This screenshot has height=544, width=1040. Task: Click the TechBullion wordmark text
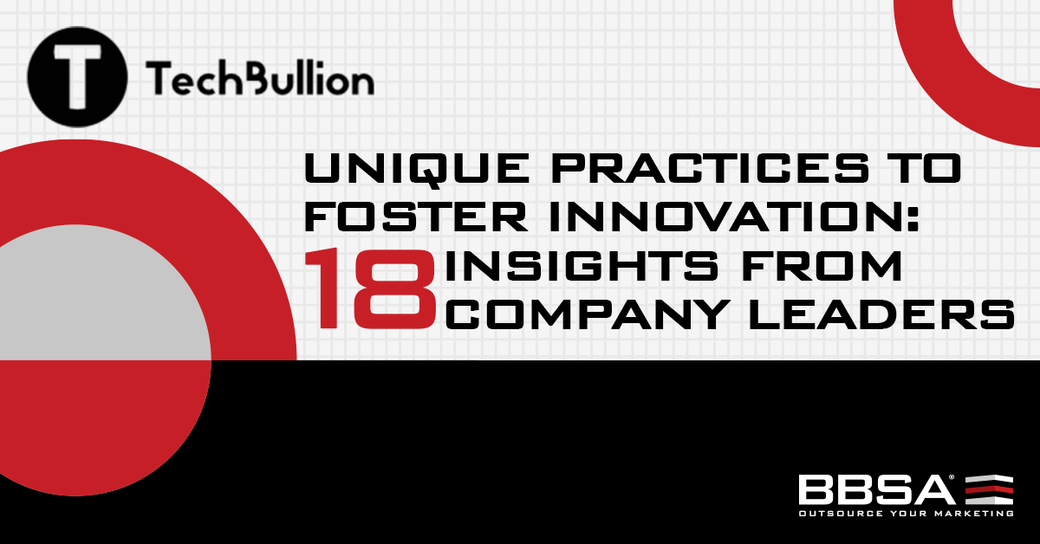coord(260,79)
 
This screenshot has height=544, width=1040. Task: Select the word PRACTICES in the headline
coord(699,170)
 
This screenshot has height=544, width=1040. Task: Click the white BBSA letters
coord(875,489)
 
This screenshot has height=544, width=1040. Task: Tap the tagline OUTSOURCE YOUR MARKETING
coord(906,513)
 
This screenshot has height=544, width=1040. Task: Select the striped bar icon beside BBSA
coord(988,489)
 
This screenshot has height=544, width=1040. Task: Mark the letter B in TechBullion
coord(255,79)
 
